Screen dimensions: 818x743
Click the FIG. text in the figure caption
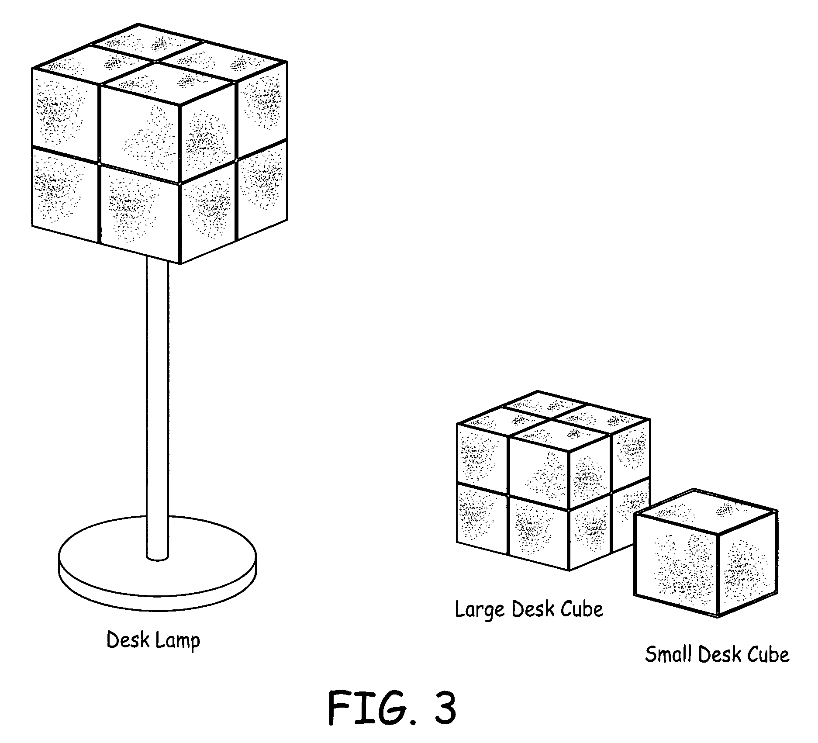(367, 707)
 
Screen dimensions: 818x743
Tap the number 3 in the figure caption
(443, 707)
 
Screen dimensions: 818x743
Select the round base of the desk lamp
(158, 568)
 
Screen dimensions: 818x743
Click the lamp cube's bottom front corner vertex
(180, 263)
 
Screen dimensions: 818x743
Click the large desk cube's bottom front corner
(569, 570)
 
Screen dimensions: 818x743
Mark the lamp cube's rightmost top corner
(286, 62)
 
